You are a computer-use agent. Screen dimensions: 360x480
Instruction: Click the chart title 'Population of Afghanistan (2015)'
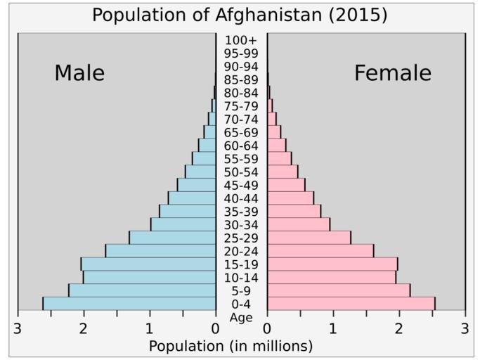click(240, 15)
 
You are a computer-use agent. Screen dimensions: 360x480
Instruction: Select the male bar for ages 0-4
click(129, 304)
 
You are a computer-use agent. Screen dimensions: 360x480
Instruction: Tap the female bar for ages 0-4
click(351, 304)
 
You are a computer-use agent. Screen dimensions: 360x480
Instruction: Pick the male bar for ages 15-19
click(148, 264)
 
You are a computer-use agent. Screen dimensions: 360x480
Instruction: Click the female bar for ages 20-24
click(320, 251)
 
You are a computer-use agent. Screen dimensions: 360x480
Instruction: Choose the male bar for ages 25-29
click(172, 238)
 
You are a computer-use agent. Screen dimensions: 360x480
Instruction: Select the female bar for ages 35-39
click(294, 211)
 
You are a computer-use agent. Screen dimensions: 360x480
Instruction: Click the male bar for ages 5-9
click(142, 290)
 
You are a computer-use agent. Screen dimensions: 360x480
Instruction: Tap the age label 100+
click(241, 40)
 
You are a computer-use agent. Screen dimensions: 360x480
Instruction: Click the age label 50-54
click(241, 172)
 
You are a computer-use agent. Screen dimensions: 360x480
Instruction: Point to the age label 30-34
click(241, 225)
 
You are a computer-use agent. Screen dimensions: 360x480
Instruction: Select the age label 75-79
click(241, 106)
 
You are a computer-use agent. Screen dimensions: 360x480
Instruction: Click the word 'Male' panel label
click(79, 73)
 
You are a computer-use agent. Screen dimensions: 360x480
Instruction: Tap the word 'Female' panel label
click(392, 73)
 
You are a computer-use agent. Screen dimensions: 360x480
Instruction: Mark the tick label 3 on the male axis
click(18, 328)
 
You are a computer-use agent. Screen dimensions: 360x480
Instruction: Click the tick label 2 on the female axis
click(399, 328)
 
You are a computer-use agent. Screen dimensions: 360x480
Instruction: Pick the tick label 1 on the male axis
click(150, 328)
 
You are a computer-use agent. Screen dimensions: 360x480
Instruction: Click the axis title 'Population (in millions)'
click(231, 346)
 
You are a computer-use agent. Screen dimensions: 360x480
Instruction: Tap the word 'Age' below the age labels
click(241, 317)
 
